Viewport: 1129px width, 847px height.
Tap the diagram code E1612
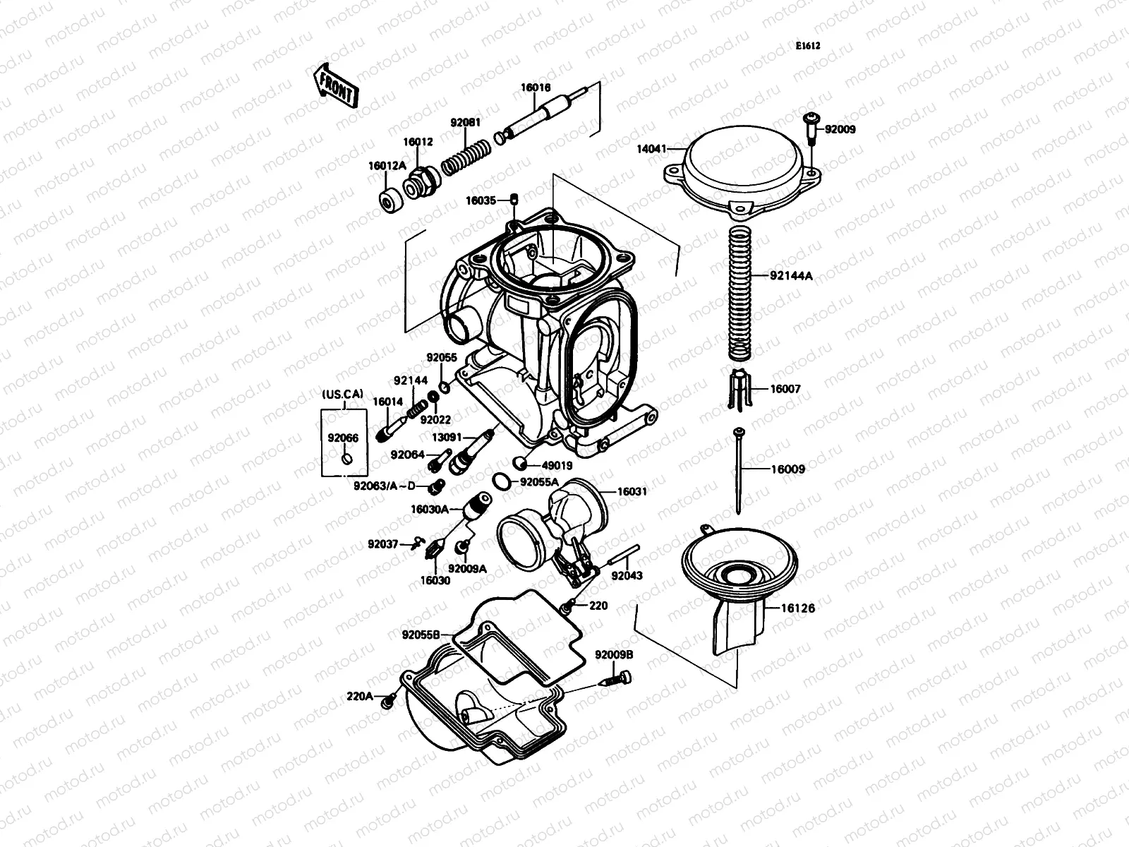808,46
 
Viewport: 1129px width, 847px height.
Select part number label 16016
536,88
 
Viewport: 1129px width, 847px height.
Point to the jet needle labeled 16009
738,469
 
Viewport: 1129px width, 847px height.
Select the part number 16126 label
797,608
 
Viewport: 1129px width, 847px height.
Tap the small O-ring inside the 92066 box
345,460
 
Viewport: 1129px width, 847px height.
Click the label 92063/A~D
385,485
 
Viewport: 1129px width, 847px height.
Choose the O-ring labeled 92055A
501,481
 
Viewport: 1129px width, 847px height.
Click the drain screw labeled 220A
387,702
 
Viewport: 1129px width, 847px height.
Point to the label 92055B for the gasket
421,635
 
